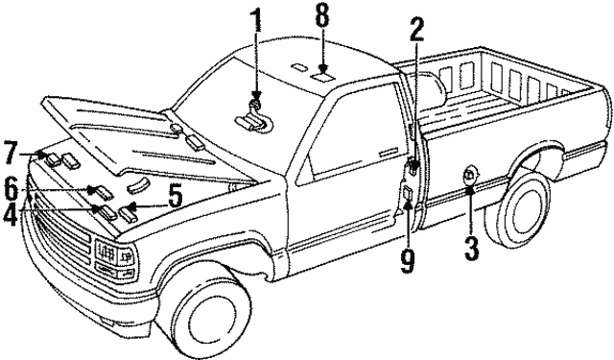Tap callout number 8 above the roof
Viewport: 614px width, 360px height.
322,16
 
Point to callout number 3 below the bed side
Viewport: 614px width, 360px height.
470,247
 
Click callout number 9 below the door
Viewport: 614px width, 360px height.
407,258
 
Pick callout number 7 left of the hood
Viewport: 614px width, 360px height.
12,152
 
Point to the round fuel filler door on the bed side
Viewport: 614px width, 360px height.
470,174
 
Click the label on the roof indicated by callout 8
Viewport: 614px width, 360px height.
323,69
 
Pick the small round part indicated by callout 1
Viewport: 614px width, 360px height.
255,104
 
